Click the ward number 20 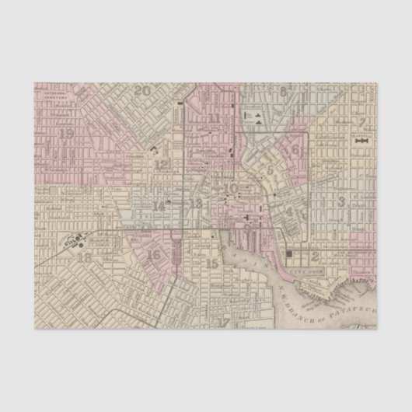142,91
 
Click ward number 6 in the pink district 295,148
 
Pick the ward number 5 270,169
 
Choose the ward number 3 341,202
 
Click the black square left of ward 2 292,253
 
